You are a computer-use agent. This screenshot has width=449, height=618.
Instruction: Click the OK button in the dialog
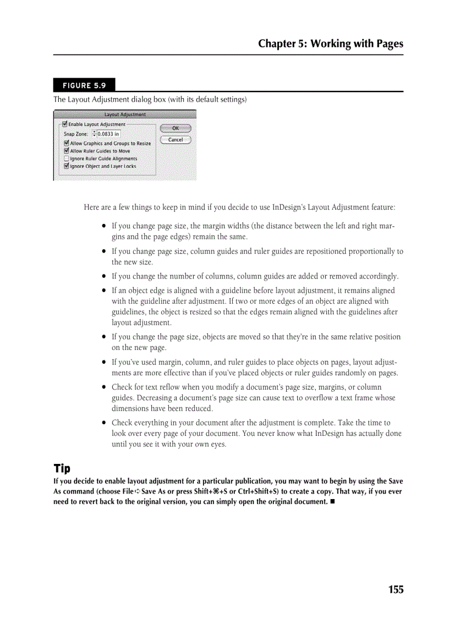(x=176, y=128)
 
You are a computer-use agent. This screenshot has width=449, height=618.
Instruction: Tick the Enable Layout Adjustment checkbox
(x=65, y=124)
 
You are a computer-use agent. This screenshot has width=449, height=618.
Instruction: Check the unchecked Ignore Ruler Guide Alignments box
(x=67, y=158)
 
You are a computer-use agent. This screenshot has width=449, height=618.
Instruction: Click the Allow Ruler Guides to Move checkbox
(x=67, y=151)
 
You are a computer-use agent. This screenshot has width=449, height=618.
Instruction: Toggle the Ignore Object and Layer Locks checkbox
(x=67, y=166)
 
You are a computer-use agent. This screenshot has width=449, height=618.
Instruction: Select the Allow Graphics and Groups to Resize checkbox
(x=67, y=143)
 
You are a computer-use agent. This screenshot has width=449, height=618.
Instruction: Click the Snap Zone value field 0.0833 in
(x=108, y=134)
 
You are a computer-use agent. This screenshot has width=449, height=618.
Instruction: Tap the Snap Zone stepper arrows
(x=94, y=134)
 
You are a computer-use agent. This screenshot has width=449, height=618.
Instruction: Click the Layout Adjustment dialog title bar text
(x=125, y=114)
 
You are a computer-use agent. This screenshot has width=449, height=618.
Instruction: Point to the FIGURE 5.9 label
(x=84, y=85)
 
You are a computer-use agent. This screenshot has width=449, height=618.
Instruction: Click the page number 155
(x=396, y=589)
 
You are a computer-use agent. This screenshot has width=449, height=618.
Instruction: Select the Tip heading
(x=62, y=468)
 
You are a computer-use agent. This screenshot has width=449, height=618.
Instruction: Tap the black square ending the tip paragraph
(x=332, y=502)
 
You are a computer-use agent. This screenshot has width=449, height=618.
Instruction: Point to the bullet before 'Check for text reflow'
(x=103, y=387)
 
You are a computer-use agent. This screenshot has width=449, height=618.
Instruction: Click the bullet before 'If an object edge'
(x=103, y=291)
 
